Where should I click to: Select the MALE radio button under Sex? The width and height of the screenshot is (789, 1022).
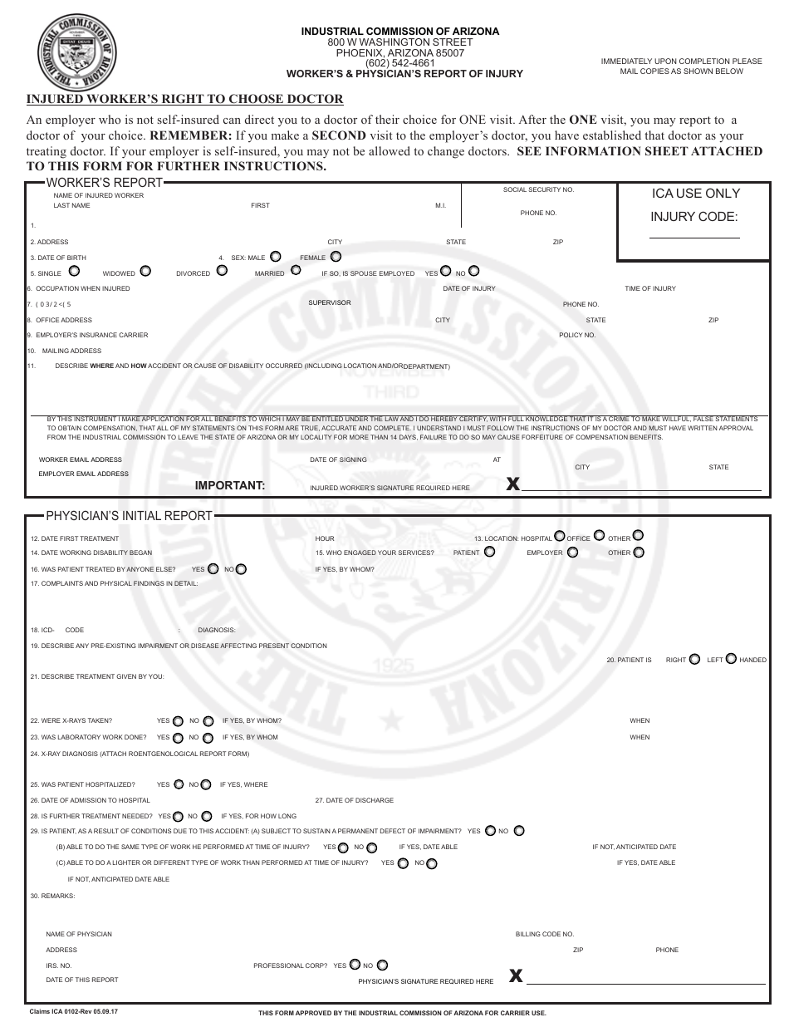[x=276, y=257]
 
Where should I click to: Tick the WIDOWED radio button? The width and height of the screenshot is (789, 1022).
[x=145, y=271]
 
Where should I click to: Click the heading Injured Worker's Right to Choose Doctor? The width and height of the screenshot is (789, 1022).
[x=185, y=99]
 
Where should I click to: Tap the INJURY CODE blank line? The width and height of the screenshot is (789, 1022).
[x=693, y=237]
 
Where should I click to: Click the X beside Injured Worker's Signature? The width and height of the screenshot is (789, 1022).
[x=512, y=484]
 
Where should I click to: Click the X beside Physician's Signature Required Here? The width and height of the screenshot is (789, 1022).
[x=516, y=976]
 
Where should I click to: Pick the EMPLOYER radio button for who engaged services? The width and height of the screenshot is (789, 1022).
[x=574, y=551]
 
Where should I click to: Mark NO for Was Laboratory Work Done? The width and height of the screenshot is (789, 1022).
[x=207, y=737]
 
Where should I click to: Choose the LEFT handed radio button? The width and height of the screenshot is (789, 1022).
[x=731, y=658]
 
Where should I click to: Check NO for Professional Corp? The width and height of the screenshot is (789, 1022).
[x=382, y=965]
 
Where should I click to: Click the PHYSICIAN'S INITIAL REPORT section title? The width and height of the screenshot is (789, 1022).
[x=129, y=516]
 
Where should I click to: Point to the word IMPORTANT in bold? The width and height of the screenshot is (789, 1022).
[x=230, y=486]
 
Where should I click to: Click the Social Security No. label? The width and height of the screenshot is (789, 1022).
[x=538, y=190]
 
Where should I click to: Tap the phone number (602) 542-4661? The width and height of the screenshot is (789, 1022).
[x=400, y=63]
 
